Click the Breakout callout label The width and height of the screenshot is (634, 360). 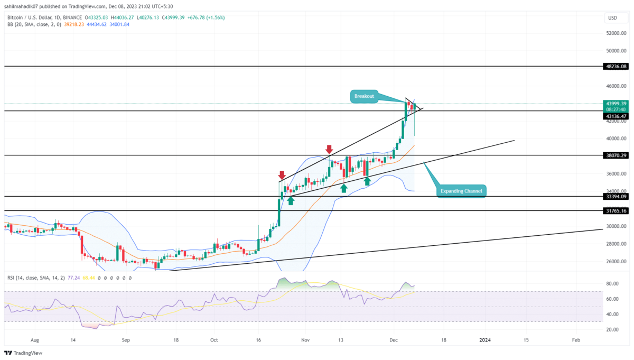[365, 96]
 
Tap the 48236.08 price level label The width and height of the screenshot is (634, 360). [616, 67]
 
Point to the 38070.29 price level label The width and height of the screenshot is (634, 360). [616, 155]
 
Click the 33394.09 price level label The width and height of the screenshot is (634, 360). [616, 196]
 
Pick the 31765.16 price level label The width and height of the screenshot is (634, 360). [616, 210]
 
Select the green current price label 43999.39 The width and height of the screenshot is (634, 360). [616, 104]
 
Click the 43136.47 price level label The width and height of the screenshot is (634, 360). [616, 116]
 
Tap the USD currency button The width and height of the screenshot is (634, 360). [613, 18]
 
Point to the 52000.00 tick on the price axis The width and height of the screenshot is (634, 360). [616, 33]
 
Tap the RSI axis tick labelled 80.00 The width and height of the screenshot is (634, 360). [612, 284]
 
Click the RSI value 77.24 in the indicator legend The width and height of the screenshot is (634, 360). [69, 277]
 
